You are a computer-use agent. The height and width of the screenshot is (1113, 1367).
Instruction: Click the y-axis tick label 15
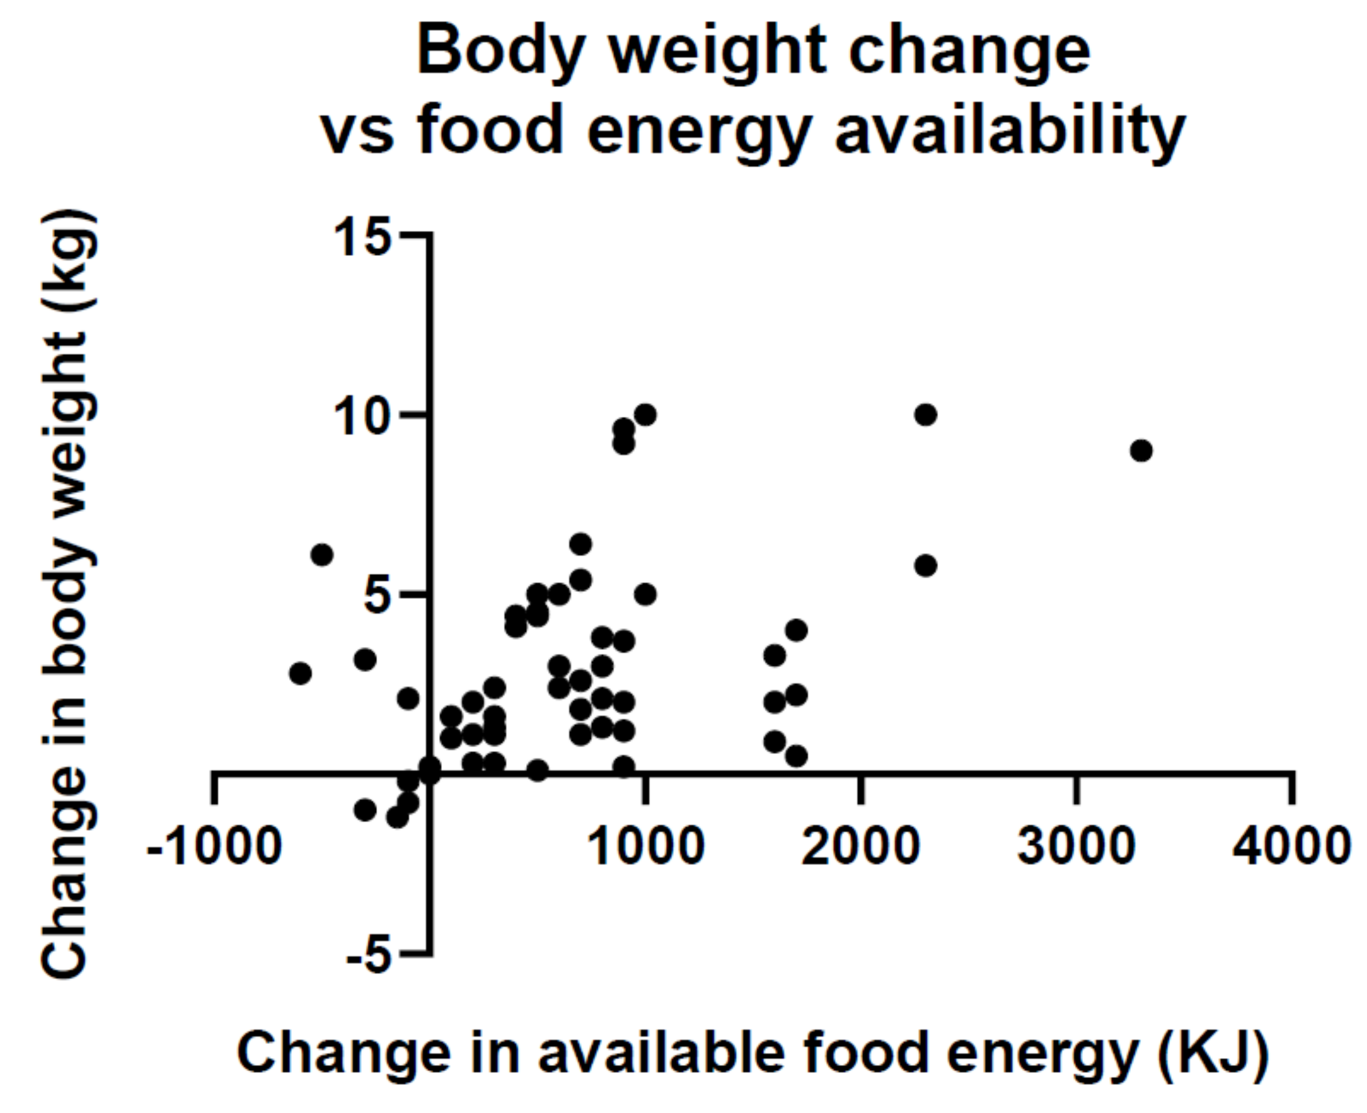click(361, 236)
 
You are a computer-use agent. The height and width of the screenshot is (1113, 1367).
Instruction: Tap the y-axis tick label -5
click(369, 957)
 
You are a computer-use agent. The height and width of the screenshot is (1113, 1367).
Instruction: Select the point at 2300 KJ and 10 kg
click(926, 415)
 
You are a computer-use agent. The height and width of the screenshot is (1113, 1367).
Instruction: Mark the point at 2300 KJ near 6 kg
click(926, 566)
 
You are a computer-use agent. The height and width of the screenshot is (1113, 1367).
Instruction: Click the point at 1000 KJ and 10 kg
click(645, 415)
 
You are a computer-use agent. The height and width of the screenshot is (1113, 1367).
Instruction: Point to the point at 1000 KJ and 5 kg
click(645, 594)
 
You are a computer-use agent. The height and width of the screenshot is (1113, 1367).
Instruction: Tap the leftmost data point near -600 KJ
click(300, 673)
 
